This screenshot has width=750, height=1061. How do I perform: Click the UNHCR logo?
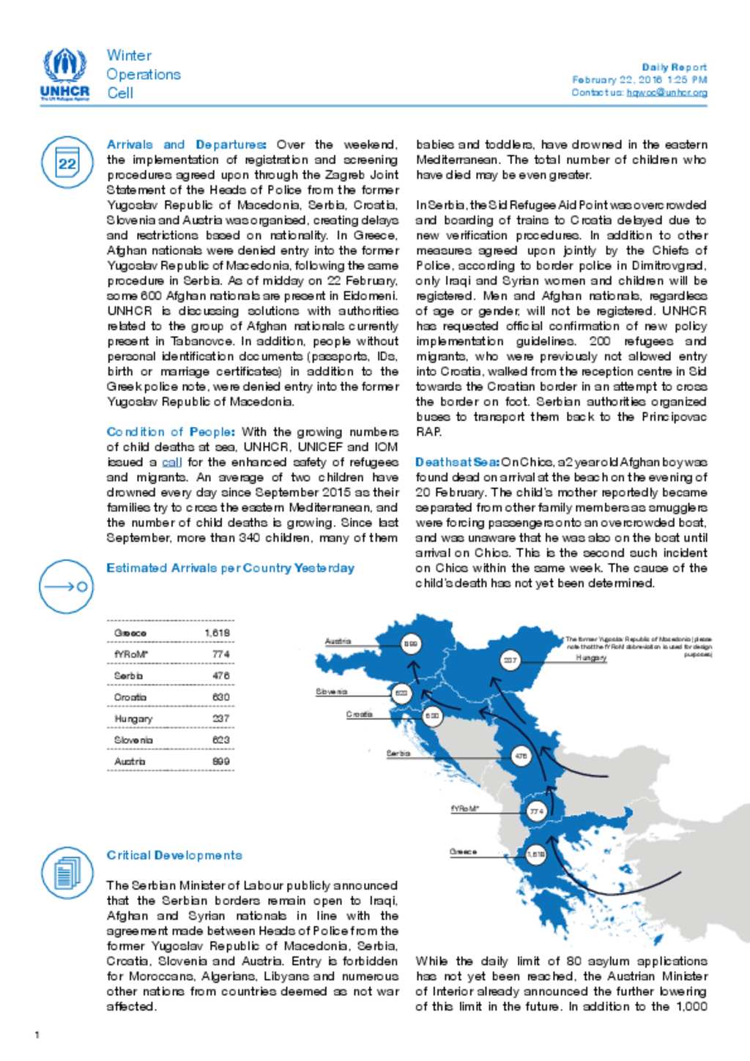coord(64,74)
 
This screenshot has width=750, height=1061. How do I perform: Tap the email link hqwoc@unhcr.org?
coord(667,93)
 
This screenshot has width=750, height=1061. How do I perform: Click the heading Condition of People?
coord(171,432)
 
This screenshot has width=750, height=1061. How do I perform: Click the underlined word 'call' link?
coord(171,462)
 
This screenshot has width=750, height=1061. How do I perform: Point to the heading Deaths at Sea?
coord(457,462)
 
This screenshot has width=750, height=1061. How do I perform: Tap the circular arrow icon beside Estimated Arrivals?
coord(66,586)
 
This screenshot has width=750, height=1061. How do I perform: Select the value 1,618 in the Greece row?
coord(217,633)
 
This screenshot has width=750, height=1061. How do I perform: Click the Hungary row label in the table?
coord(133,718)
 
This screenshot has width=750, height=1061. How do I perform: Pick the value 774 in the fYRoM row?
coord(220,654)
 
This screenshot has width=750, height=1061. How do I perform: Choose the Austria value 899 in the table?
coord(220,762)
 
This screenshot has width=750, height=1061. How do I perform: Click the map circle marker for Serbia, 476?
coord(521,756)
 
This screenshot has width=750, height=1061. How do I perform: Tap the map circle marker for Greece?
coord(536,855)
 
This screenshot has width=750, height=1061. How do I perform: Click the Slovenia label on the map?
coord(331,691)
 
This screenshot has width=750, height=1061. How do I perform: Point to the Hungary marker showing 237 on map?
coord(510,660)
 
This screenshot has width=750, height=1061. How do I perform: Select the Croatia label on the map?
coord(359,714)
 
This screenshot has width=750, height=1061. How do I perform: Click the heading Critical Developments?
coord(174,855)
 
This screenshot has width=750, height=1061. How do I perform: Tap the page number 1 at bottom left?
coord(37,1035)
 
